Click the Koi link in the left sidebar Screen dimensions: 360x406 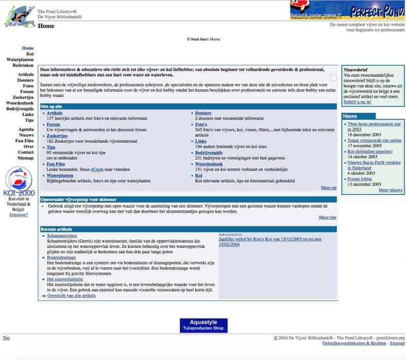coord(30,54)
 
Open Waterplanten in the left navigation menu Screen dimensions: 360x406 coord(20,59)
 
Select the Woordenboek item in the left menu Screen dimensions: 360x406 coord(20,103)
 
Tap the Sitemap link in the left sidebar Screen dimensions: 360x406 coord(25,158)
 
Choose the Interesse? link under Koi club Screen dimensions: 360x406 coord(19,214)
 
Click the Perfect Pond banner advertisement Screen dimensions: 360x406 coord(347,10)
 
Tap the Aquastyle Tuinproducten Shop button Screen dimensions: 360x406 coord(203,325)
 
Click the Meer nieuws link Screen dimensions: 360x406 coord(390,190)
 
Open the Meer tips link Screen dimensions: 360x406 coord(327,217)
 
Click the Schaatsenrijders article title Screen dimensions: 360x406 coord(62,236)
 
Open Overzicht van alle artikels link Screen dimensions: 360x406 coord(71,295)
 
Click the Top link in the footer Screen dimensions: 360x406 coord(6,338)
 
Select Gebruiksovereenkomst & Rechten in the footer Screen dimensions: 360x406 coord(354,343)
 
